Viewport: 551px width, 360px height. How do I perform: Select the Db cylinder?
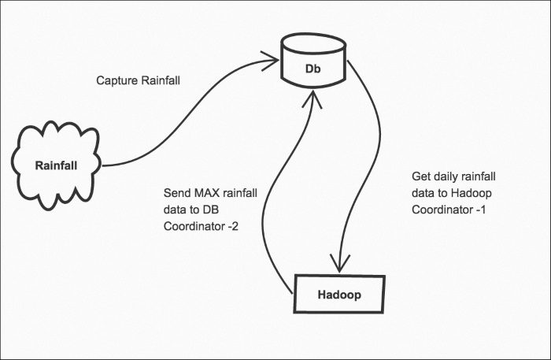314,63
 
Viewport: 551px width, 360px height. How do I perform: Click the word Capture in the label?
117,80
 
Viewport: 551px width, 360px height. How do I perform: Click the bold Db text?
314,69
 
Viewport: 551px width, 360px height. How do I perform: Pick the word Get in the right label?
421,177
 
